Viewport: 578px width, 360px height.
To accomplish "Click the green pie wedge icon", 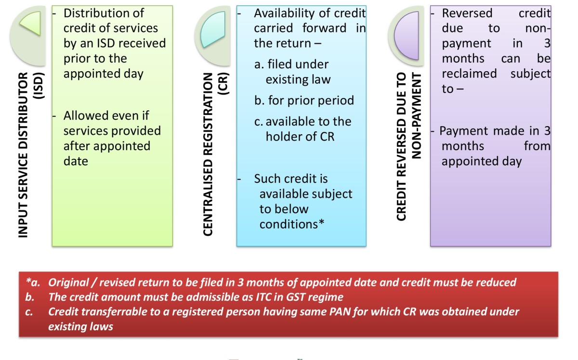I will click(x=30, y=24).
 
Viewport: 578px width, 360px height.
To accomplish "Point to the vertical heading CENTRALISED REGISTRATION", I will click(x=208, y=154).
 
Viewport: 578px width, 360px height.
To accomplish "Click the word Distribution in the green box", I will click(x=103, y=13).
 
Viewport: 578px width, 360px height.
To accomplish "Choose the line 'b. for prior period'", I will click(x=304, y=100).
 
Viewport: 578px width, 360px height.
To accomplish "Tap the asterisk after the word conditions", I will click(x=321, y=224).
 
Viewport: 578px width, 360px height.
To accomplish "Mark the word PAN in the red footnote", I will click(x=307, y=311).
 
